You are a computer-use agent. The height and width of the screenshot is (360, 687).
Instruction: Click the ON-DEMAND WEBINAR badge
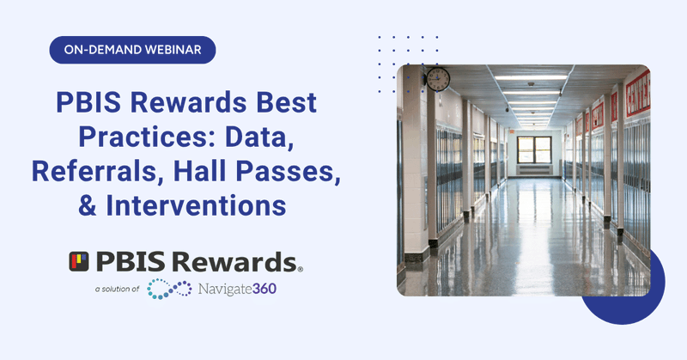132,50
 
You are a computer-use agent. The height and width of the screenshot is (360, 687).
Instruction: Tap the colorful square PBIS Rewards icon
80,260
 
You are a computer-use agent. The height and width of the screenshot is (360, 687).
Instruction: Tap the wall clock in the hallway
438,79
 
